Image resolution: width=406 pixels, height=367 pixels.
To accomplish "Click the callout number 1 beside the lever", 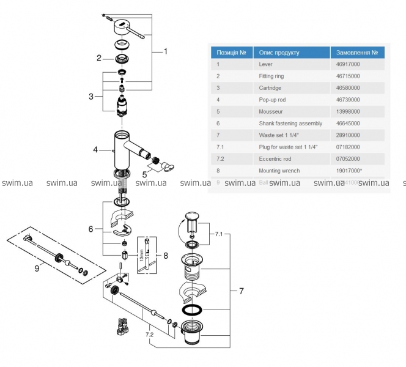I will point(165,52).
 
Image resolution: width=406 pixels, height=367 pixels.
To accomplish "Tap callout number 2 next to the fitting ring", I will point(98,58).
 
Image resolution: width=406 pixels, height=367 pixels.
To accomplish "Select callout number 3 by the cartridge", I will point(91,96).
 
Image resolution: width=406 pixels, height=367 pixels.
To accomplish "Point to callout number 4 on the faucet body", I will point(95,149).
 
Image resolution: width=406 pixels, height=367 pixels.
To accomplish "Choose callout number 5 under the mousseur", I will point(144,174).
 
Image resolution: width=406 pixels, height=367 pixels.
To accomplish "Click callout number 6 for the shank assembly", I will point(90,229).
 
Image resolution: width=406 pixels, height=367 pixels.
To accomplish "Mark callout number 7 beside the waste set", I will point(241,291).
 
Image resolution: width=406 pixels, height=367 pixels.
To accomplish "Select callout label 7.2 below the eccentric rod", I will point(149,335).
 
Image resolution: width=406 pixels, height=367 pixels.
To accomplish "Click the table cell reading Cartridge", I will point(272,87).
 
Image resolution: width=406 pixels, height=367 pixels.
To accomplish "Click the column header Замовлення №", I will point(356,52).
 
